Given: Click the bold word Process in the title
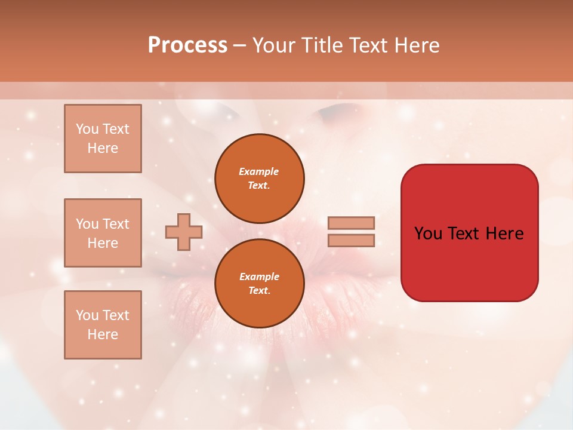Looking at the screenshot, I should [187, 45].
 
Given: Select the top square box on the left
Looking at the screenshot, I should [103, 139].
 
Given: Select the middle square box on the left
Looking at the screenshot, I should [103, 233].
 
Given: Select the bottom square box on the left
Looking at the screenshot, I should [103, 325].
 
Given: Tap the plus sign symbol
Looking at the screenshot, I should [184, 232].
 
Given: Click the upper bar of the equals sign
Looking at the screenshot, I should [351, 223].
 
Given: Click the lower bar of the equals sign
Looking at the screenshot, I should [351, 241].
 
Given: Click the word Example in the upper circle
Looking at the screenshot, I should [259, 171].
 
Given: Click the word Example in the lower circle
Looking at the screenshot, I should [259, 277].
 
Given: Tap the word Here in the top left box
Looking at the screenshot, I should [103, 148].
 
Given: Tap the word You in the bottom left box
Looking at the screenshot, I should [87, 315].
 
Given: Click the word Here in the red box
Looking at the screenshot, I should [504, 234].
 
